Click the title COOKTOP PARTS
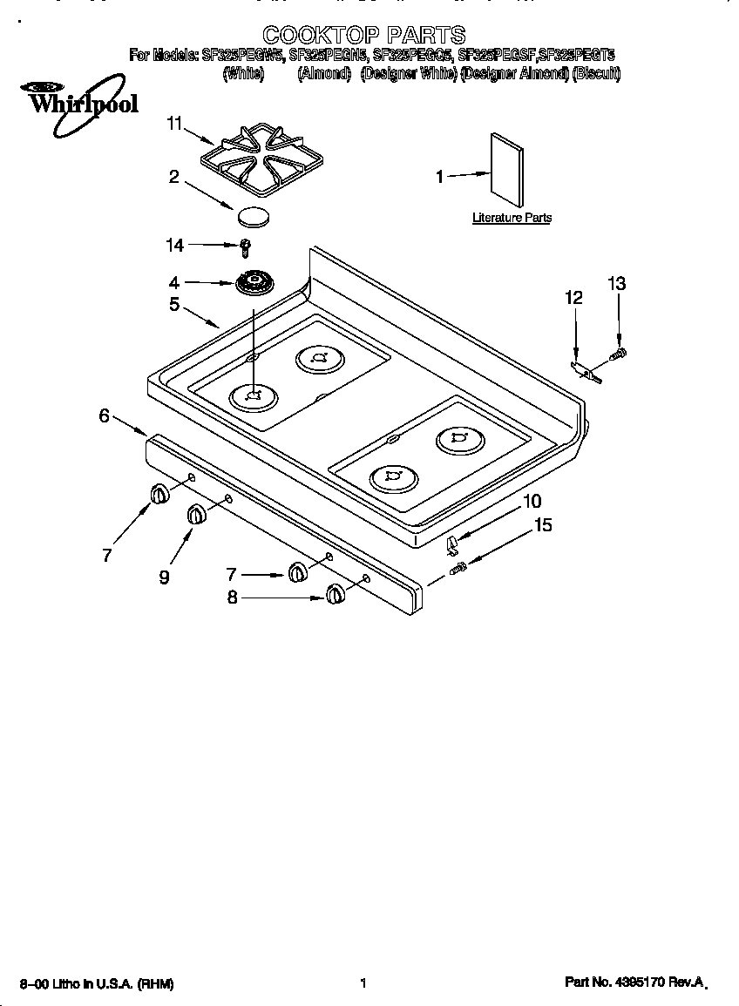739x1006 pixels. tap(363, 35)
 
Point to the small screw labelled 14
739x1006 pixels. tap(246, 246)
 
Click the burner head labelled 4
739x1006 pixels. tap(254, 282)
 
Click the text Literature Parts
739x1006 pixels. tap(512, 218)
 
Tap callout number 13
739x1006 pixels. tap(616, 284)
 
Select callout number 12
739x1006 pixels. tap(573, 298)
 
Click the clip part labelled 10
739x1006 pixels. tap(451, 545)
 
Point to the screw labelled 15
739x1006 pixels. tap(458, 569)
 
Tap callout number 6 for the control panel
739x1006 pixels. tap(104, 415)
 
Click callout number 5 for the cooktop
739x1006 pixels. tap(174, 304)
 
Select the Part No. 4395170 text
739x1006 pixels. tap(634, 982)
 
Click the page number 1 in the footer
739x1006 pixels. tap(362, 983)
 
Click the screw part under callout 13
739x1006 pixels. tap(620, 353)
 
